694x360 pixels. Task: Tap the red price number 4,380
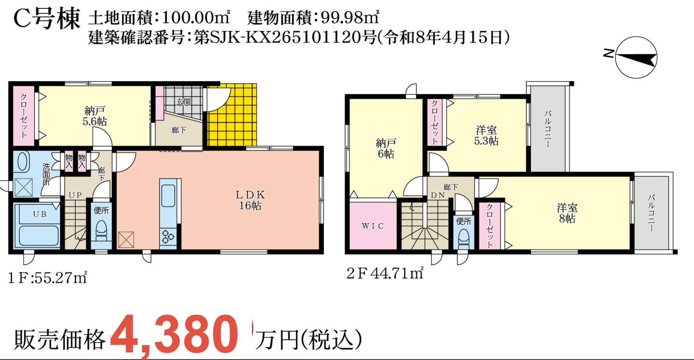(174, 334)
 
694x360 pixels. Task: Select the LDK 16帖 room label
(250, 200)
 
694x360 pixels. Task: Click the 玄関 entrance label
(184, 102)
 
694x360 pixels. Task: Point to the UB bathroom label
(40, 214)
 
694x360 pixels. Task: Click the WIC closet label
(373, 226)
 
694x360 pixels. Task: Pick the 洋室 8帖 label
(567, 213)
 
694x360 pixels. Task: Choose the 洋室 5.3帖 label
(486, 135)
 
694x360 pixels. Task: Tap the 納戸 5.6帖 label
(95, 116)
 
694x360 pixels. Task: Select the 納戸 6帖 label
(386, 148)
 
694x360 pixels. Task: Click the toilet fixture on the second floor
(464, 238)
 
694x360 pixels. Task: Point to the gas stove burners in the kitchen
(168, 237)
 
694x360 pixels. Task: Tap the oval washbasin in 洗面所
(23, 162)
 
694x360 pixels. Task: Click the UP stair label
(75, 195)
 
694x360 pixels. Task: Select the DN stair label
(438, 195)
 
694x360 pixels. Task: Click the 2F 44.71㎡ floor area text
(385, 273)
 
